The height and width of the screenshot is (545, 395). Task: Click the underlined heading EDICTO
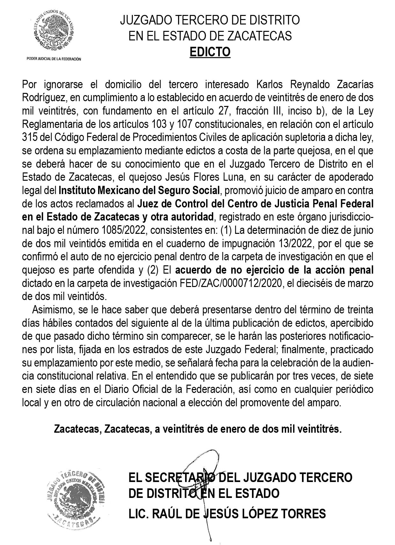point(210,52)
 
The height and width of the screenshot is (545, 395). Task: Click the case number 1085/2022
point(118,230)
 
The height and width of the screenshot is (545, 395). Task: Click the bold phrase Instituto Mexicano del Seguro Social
point(139,191)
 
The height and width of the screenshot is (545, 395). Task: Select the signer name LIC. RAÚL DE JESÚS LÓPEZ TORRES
point(227,514)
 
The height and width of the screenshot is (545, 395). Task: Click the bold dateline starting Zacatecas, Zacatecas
point(197,429)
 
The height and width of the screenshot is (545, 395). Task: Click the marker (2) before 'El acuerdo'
point(153,270)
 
